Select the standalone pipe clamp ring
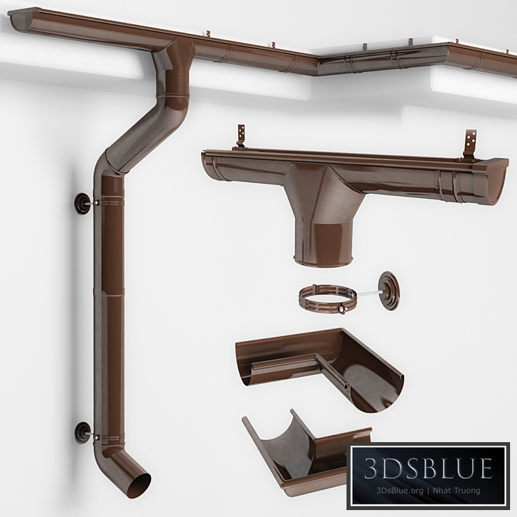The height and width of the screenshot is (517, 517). point(327,297)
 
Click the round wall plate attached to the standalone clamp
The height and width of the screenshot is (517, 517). point(389,288)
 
